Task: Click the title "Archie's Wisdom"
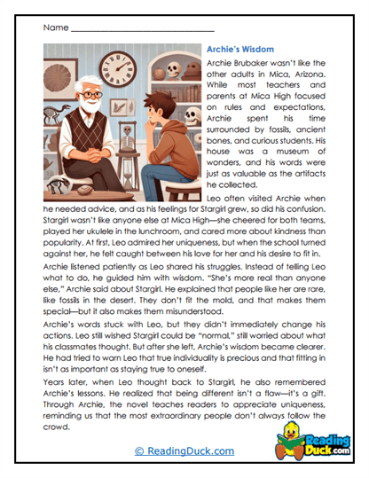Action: (x=239, y=50)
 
